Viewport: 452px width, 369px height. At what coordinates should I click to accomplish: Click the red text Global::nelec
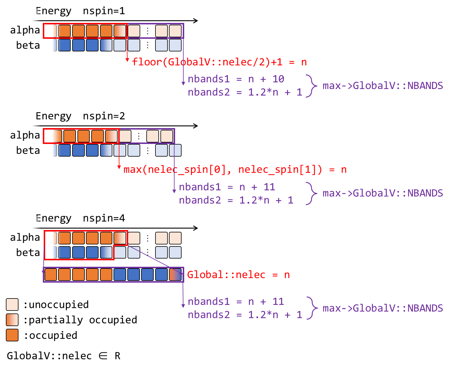click(x=226, y=275)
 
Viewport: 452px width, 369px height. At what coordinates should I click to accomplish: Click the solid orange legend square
click(x=12, y=335)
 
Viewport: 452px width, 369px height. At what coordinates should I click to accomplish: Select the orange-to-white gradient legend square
click(x=12, y=320)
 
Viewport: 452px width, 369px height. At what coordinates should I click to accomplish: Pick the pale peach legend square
click(x=12, y=305)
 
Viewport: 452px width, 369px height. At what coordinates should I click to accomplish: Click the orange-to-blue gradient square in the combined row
click(x=175, y=275)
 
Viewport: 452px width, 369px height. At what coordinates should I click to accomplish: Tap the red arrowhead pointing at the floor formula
click(x=127, y=60)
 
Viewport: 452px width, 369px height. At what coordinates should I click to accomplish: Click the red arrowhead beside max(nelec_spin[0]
click(x=119, y=167)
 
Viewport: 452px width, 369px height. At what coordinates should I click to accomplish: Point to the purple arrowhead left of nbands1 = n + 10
click(x=183, y=84)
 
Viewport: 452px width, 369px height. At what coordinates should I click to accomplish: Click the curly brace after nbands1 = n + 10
click(x=312, y=86)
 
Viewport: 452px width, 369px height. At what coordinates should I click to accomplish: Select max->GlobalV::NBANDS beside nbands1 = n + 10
click(x=382, y=86)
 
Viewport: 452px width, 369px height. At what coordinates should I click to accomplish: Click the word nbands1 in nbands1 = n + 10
click(x=209, y=79)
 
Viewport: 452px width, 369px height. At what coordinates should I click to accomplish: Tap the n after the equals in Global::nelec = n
click(x=287, y=275)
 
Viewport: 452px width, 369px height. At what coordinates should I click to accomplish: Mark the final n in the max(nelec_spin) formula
click(x=344, y=170)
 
